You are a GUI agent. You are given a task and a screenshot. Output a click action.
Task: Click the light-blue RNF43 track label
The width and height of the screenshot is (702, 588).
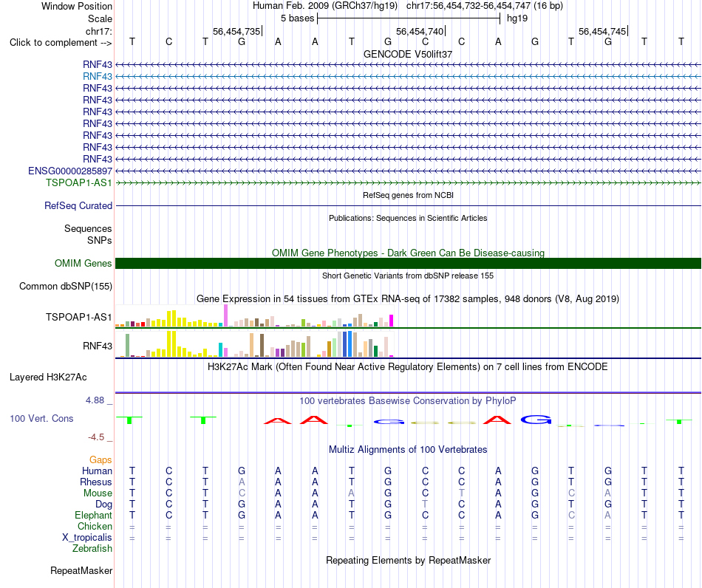97,77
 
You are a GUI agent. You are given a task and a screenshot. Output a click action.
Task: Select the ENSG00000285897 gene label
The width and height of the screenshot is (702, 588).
70,171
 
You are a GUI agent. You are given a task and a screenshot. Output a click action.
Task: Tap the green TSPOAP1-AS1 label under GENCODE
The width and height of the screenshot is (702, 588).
79,182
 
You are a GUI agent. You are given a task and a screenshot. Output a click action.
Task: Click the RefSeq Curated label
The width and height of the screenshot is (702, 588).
78,206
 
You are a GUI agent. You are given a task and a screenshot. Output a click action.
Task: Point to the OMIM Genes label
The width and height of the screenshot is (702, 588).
83,263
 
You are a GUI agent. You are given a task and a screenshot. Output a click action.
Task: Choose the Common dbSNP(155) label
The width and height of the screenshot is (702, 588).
65,287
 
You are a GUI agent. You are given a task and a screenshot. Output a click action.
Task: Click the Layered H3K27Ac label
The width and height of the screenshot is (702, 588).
48,377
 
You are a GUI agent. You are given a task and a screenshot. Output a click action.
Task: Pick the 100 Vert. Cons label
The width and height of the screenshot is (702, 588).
41,418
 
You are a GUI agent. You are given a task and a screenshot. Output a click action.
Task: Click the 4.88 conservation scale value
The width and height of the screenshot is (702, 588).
95,400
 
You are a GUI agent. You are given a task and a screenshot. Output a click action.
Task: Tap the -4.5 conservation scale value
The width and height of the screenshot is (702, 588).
96,437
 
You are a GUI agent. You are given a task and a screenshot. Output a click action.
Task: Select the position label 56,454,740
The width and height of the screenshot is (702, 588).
420,31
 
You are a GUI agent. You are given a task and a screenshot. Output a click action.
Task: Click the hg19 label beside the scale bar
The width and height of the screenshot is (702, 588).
517,18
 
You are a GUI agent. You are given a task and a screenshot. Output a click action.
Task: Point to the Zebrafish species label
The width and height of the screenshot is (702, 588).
92,549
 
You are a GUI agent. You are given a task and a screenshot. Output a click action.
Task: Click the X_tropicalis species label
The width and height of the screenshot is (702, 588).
87,538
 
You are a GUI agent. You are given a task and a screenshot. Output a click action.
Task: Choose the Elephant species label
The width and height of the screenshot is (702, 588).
93,516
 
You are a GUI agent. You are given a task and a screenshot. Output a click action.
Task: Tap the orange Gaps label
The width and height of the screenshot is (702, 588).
100,460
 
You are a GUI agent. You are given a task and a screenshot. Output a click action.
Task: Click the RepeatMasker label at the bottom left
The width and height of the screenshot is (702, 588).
81,570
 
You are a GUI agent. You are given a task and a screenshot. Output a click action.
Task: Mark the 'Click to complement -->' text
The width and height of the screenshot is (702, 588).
61,43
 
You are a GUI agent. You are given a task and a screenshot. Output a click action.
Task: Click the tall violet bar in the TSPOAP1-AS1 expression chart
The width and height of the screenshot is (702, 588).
225,315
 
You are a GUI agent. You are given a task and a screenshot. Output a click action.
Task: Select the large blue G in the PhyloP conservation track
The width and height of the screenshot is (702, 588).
536,420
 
